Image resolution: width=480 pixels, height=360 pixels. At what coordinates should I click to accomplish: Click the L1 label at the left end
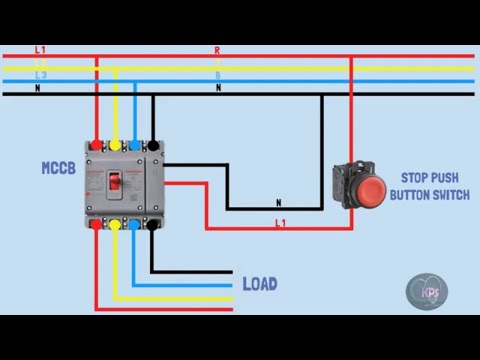point(40,49)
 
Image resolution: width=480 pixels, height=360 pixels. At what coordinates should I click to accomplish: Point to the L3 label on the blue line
point(40,76)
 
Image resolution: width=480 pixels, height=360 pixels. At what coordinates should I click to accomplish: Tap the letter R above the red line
point(217,49)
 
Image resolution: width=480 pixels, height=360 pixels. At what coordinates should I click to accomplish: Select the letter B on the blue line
point(217,75)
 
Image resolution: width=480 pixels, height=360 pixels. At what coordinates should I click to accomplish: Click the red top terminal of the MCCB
point(95,144)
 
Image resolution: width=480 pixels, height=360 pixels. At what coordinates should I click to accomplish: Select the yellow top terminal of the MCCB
point(114,144)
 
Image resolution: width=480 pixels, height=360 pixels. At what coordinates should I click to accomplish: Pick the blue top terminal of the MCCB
point(133,144)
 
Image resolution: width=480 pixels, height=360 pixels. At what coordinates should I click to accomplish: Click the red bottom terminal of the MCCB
point(95,225)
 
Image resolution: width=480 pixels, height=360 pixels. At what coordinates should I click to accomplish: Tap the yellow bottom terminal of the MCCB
point(114,225)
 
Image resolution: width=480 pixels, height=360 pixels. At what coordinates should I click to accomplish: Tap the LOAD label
point(260,284)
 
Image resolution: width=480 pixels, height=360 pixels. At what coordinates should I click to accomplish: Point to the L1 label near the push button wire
point(280,222)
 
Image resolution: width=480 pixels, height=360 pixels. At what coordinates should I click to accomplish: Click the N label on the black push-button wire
point(278,202)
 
